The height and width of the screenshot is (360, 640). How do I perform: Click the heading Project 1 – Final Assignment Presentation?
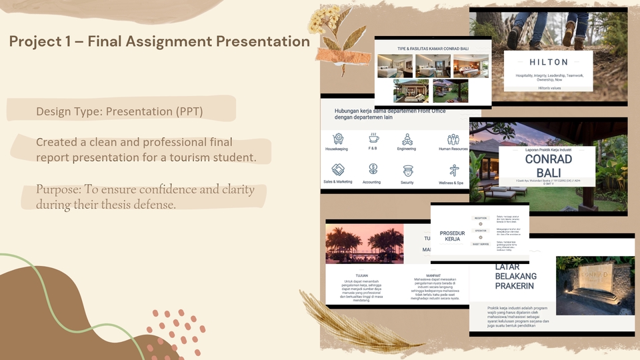click(159, 42)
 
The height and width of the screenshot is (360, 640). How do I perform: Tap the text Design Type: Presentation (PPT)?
click(119, 110)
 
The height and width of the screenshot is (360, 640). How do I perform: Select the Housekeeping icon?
click(339, 139)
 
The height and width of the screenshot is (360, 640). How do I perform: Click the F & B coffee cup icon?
click(374, 139)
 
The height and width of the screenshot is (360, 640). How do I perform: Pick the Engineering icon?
click(407, 139)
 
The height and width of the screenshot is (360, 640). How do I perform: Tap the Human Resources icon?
click(453, 139)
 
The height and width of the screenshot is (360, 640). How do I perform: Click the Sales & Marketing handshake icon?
click(338, 169)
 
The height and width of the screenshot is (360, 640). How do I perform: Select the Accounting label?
click(372, 182)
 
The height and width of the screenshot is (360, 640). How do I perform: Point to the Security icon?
click(407, 170)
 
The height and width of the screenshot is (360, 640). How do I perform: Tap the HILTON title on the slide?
click(549, 62)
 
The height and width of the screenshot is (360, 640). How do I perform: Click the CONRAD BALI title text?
click(548, 166)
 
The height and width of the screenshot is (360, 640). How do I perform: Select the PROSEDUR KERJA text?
click(452, 236)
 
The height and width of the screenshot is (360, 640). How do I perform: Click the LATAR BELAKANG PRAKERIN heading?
click(515, 276)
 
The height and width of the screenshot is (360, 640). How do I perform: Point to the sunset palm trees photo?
click(364, 243)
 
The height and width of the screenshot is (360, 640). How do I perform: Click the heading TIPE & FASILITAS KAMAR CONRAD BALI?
click(432, 49)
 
